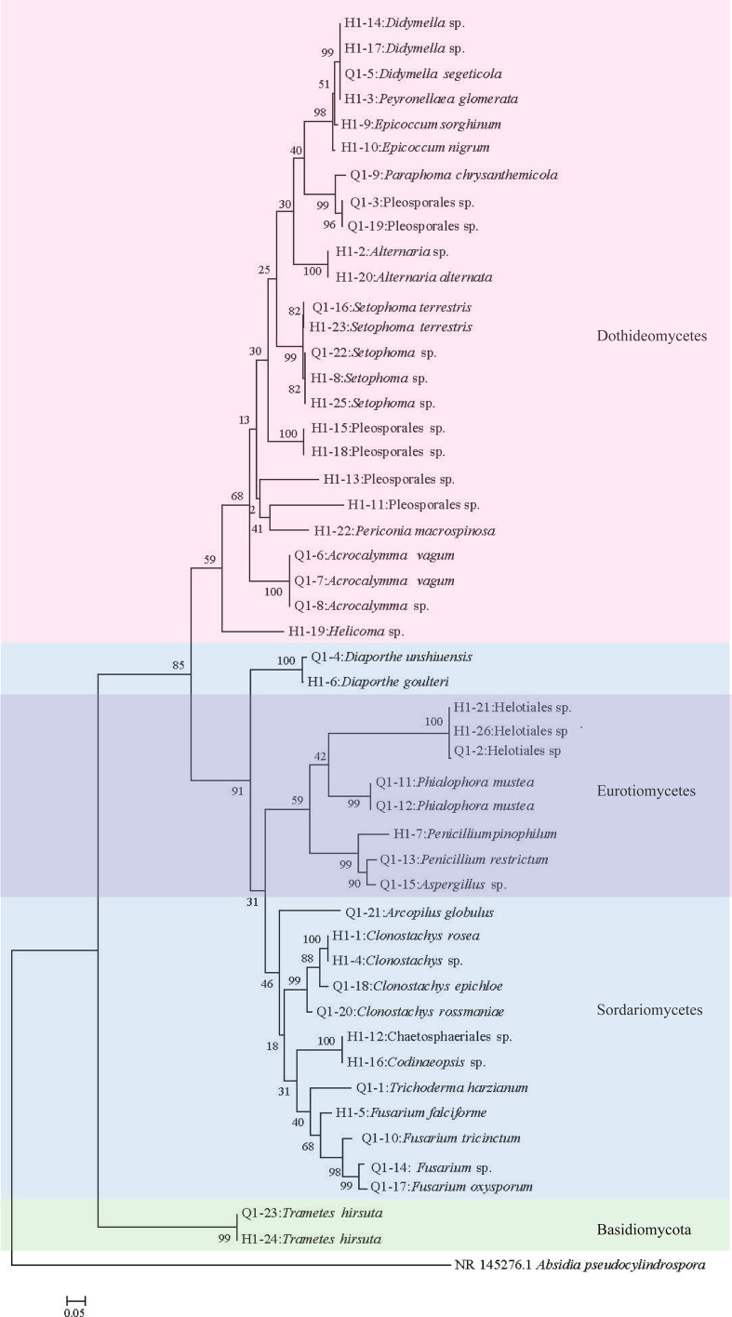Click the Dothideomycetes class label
click(x=651, y=337)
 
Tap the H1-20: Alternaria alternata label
click(x=402, y=276)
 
